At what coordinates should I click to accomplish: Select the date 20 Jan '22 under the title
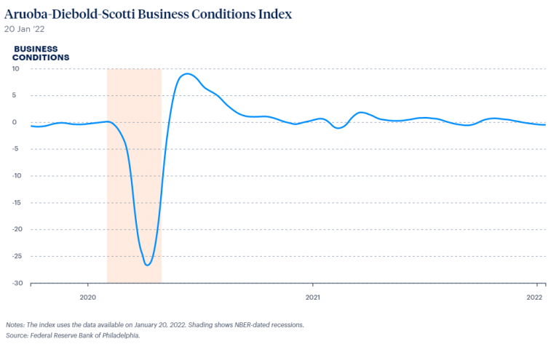(x=23, y=29)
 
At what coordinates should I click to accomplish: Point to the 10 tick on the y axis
(x=15, y=68)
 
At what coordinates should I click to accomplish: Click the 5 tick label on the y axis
(x=16, y=95)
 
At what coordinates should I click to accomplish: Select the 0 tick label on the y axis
(x=16, y=122)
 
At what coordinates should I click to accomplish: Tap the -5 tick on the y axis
(x=15, y=149)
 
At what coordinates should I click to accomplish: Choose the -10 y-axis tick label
(x=14, y=175)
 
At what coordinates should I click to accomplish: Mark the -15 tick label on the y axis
(x=14, y=202)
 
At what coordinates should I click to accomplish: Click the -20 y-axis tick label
(x=14, y=229)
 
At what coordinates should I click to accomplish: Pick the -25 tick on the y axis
(x=14, y=256)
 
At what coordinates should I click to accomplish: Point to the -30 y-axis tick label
(x=14, y=283)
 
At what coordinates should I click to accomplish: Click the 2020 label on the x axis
(x=87, y=297)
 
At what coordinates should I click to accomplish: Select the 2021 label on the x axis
(x=312, y=297)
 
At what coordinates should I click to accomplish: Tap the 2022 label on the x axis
(x=536, y=297)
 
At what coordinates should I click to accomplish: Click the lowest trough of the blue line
(x=148, y=265)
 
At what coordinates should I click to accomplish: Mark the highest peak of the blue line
(x=187, y=73)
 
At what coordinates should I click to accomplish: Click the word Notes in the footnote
(x=15, y=324)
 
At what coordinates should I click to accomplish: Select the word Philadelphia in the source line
(x=119, y=335)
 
